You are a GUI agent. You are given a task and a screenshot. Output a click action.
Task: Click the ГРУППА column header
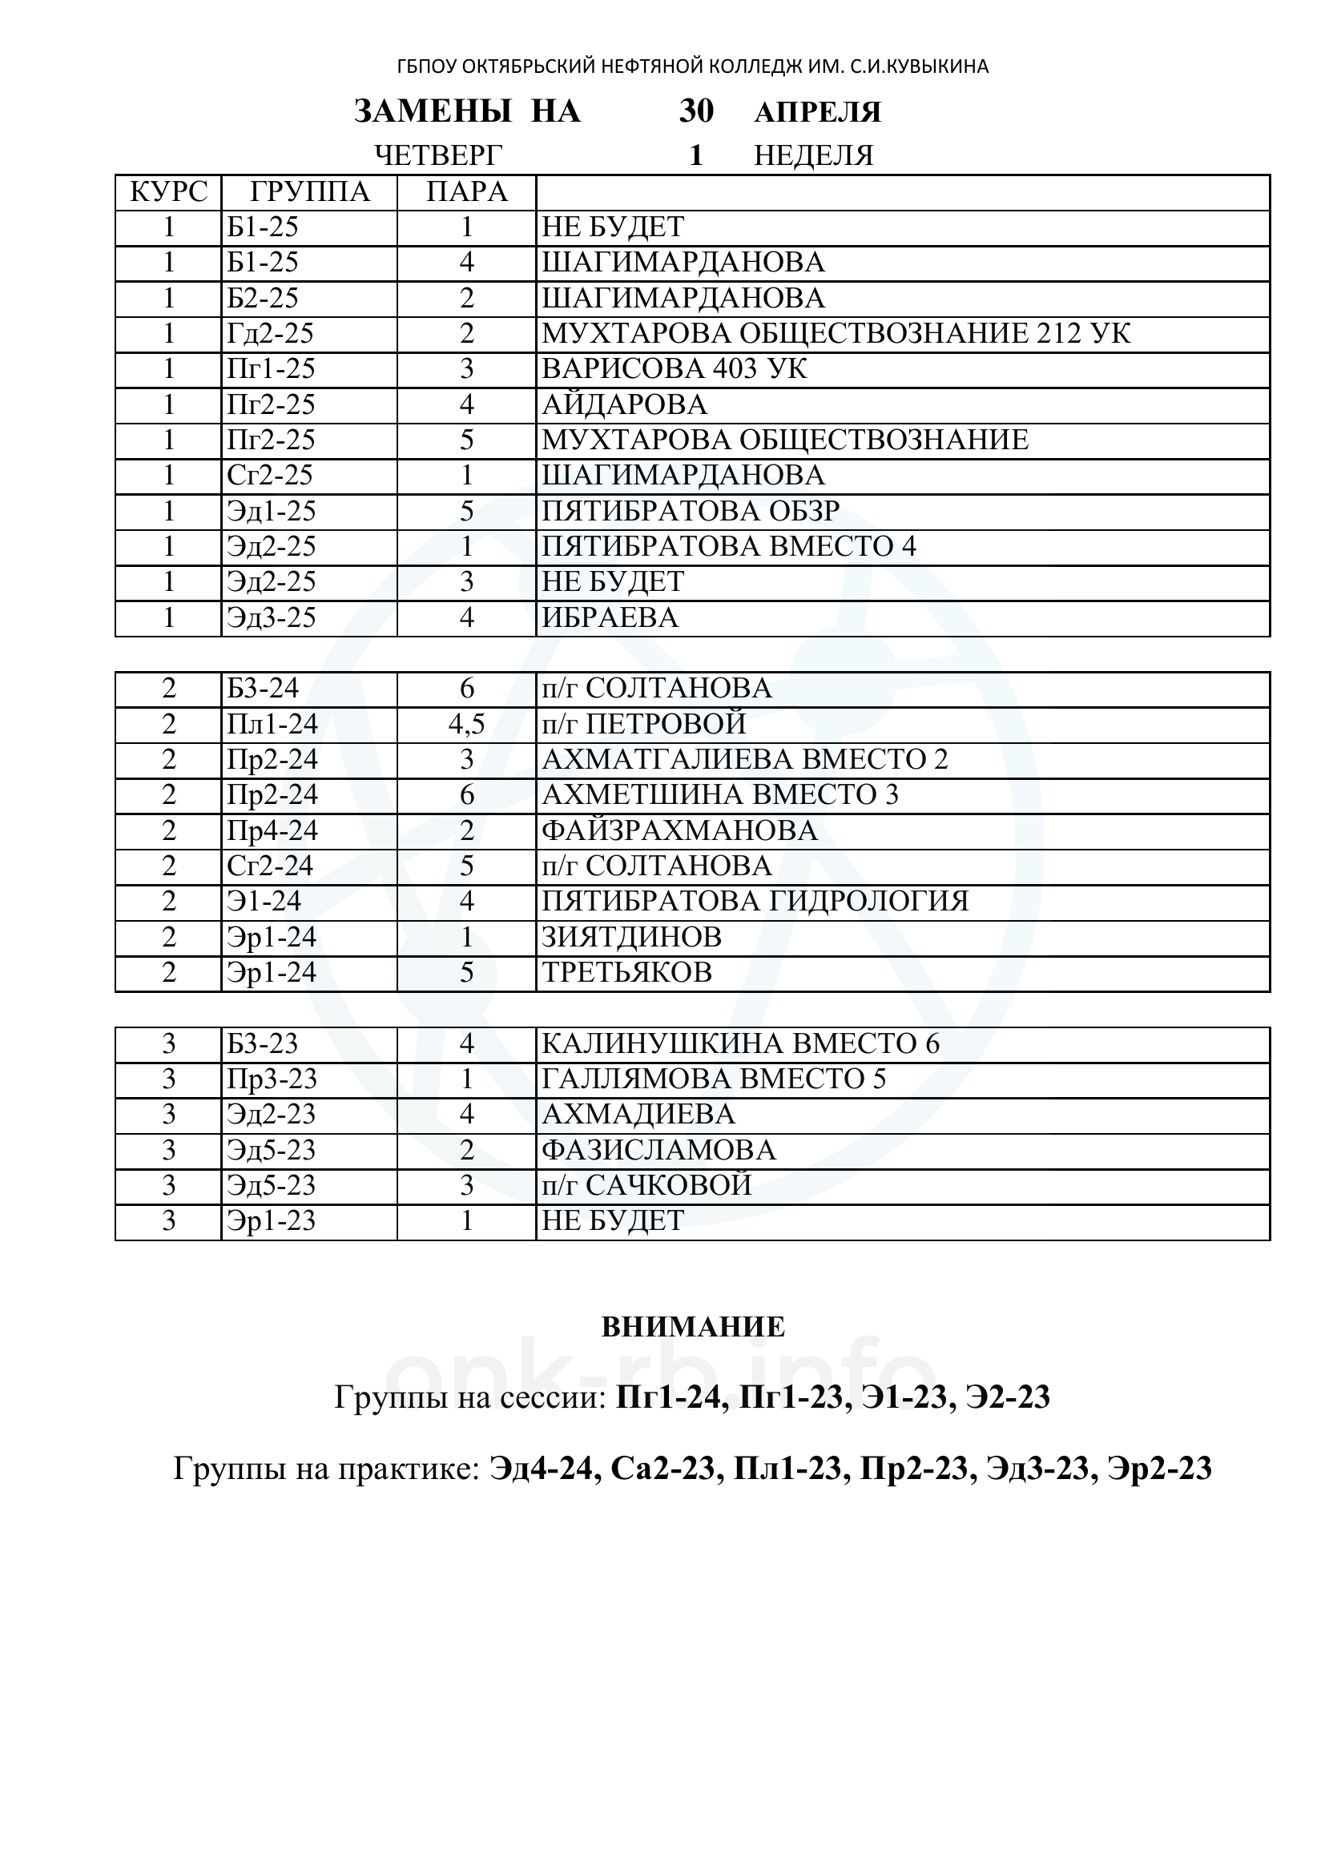pyautogui.click(x=309, y=192)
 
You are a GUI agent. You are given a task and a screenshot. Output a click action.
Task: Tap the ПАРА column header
pyautogui.click(x=467, y=192)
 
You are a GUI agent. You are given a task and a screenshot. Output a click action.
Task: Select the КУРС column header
pyautogui.click(x=169, y=192)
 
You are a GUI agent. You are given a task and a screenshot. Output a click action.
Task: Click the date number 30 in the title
pyautogui.click(x=696, y=112)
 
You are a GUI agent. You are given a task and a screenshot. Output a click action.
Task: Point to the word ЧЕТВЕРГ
pyautogui.click(x=438, y=155)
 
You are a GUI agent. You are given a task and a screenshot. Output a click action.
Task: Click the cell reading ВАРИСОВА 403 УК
pyautogui.click(x=674, y=369)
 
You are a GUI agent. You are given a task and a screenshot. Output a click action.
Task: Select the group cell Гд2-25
pyautogui.click(x=270, y=334)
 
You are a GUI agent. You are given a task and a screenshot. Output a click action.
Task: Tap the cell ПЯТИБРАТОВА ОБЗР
pyautogui.click(x=691, y=512)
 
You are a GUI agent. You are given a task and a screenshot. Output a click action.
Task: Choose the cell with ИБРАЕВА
pyautogui.click(x=610, y=618)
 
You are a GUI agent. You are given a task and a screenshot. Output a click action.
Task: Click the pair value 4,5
pyautogui.click(x=467, y=725)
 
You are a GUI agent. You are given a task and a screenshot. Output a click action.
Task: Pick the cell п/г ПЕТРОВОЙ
pyautogui.click(x=644, y=725)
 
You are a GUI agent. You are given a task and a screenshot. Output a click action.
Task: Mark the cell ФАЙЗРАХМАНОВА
pyautogui.click(x=679, y=830)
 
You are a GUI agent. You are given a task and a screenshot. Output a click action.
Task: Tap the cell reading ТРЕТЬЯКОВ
pyautogui.click(x=626, y=972)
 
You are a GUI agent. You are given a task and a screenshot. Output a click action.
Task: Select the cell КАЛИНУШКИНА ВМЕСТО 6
pyautogui.click(x=740, y=1043)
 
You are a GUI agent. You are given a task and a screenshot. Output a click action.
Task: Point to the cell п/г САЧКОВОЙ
pyautogui.click(x=646, y=1185)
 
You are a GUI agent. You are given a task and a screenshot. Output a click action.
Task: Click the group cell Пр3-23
pyautogui.click(x=272, y=1079)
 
